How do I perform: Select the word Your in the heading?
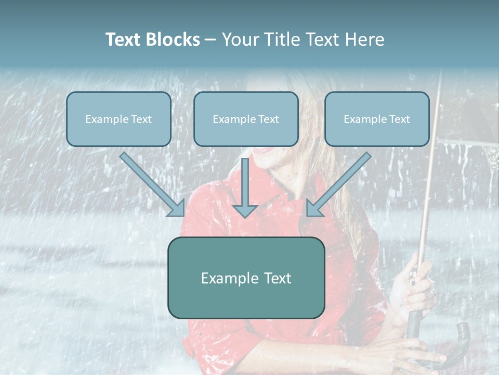click(x=240, y=40)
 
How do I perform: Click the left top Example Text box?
click(x=119, y=119)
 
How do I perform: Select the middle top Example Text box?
click(x=246, y=119)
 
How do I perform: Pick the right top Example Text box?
click(x=377, y=119)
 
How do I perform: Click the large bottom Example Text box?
click(x=246, y=278)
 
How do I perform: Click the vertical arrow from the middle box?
click(x=245, y=187)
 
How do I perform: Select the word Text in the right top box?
click(x=399, y=119)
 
